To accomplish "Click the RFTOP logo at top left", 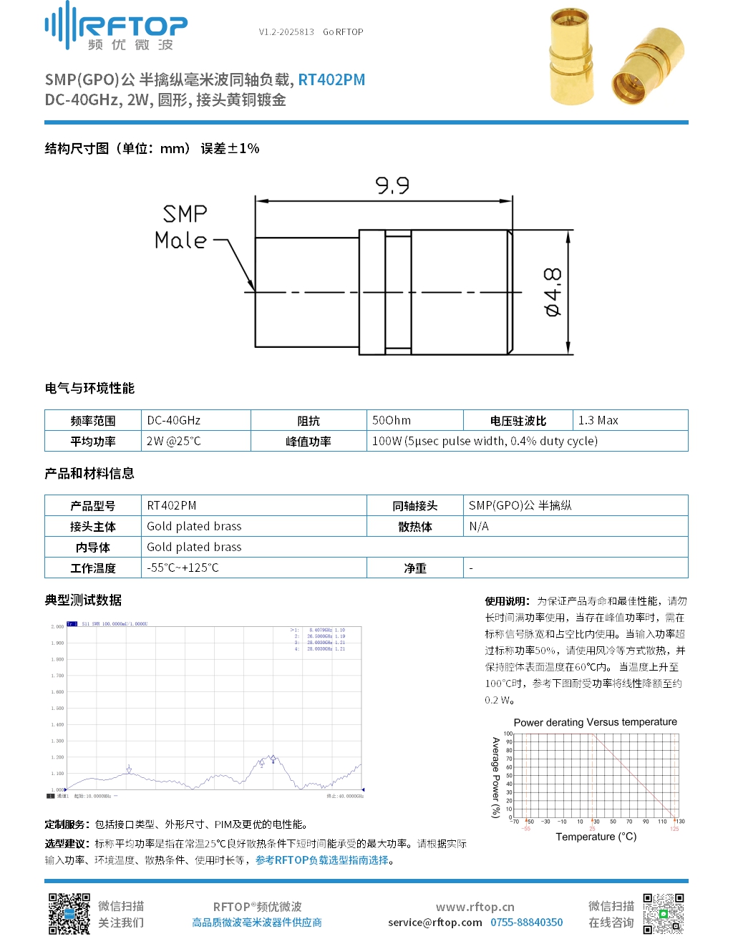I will (x=116, y=27).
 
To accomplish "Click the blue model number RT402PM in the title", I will (x=331, y=79).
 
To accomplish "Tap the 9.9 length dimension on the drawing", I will (x=392, y=186).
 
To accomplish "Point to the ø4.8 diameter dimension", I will (x=553, y=292).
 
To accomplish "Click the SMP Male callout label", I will (x=183, y=227).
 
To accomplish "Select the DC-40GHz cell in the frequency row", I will (x=174, y=420).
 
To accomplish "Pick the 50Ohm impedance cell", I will (x=392, y=420).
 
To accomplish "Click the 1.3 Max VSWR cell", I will (x=598, y=420).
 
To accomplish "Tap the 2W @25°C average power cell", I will (x=174, y=441).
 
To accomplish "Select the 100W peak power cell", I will (x=485, y=441).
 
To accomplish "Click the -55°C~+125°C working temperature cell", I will (x=183, y=568).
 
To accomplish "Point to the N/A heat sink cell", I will (x=479, y=526).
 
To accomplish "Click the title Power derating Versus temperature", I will (x=595, y=722).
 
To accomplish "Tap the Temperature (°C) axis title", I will (x=596, y=837).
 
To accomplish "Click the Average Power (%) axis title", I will (x=495, y=777).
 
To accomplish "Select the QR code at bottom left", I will (x=69, y=913).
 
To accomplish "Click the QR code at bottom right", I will (x=663, y=913).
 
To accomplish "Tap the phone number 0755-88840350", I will (x=526, y=923).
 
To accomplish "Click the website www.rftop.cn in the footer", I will (x=475, y=907).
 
